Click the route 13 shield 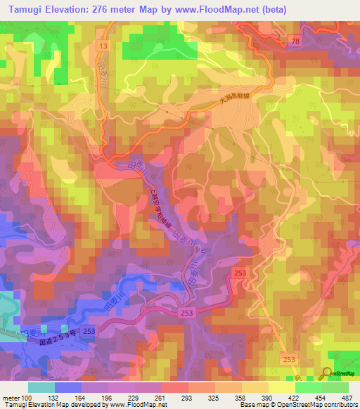tap(103, 45)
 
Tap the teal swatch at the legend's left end tap(41, 387)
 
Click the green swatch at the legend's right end tap(335, 387)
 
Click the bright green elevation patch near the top tap(159, 48)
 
